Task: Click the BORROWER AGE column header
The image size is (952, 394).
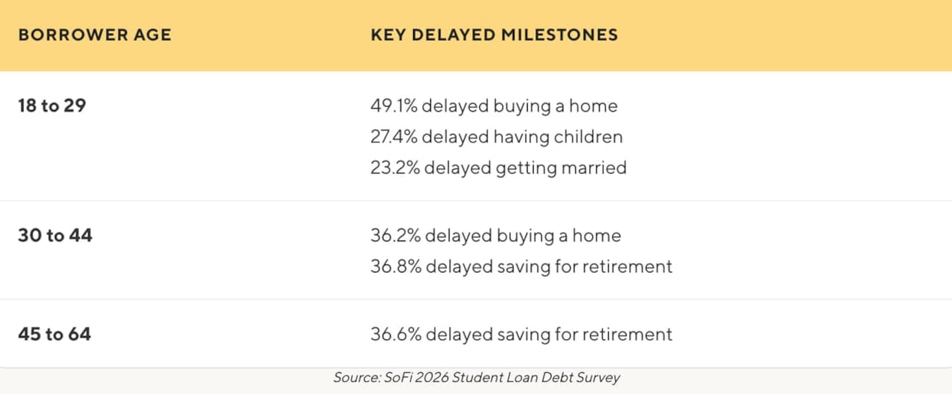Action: tap(95, 35)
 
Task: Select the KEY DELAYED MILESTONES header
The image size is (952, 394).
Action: tap(495, 35)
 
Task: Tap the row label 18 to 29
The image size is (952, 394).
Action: tap(52, 105)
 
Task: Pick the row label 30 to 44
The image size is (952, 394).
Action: tap(55, 235)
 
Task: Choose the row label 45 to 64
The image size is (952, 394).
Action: tap(54, 334)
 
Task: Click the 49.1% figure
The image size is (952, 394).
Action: tap(393, 106)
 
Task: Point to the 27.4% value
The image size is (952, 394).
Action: tap(393, 137)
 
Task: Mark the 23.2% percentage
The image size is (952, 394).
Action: tap(395, 168)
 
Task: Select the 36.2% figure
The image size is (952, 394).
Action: tap(395, 235)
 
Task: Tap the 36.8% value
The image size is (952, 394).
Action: tap(395, 266)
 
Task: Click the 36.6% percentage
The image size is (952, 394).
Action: tap(395, 334)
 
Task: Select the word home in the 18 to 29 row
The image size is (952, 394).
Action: tap(593, 106)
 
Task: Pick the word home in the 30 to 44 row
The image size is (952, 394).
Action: tap(597, 235)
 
